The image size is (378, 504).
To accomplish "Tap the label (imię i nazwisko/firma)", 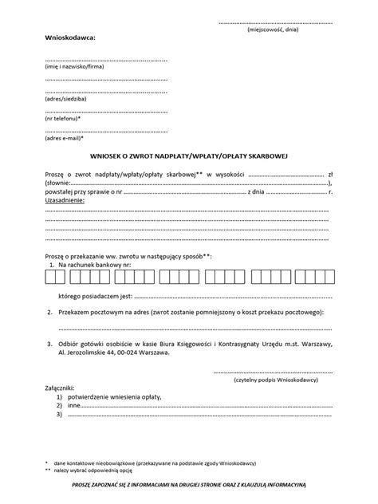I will tap(75, 66).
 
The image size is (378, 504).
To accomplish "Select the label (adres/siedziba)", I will tap(65, 98).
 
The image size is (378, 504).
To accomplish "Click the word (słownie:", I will tap(60, 182).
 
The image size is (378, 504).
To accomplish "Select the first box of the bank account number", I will tap(51, 278).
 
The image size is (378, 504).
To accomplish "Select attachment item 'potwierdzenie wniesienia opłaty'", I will tap(116, 396).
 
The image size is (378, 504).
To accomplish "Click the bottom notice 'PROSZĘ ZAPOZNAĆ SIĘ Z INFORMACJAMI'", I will tap(188, 484).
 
